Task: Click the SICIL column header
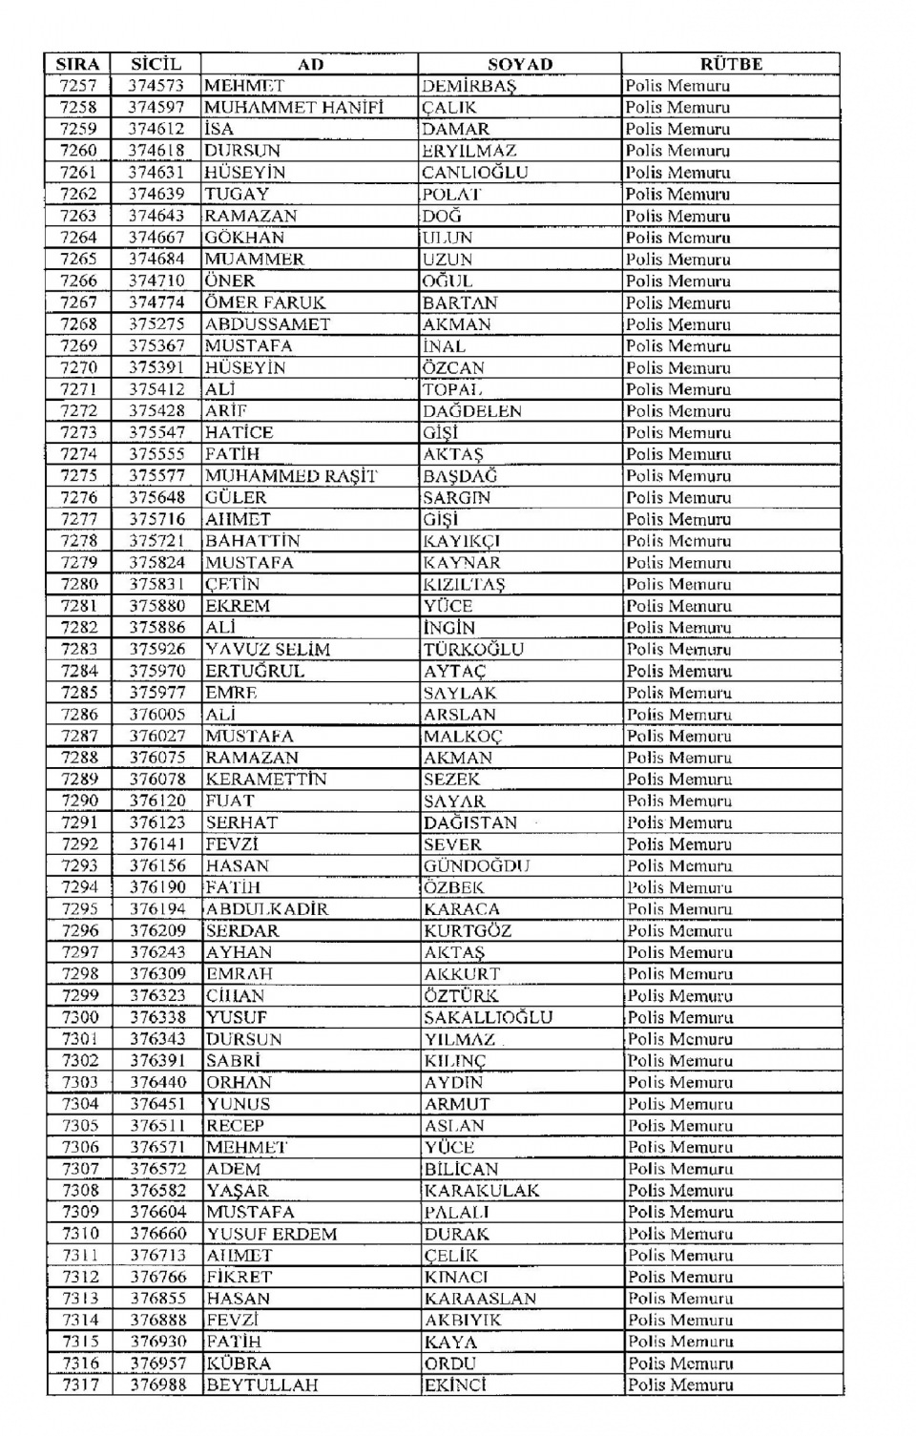click(x=156, y=64)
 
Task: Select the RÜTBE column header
click(x=731, y=64)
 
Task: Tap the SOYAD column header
click(x=520, y=64)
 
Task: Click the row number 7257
click(x=77, y=86)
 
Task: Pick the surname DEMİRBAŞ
click(x=468, y=86)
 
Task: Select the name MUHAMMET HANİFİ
click(x=294, y=108)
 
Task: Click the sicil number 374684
click(x=156, y=260)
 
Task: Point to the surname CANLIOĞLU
click(x=474, y=173)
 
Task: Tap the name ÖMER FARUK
click(x=264, y=302)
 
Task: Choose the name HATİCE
click(x=239, y=432)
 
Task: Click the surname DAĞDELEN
click(x=472, y=411)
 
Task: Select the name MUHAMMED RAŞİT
click(x=291, y=476)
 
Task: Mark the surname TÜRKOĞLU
click(x=474, y=650)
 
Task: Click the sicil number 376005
click(x=157, y=715)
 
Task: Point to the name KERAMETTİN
click(x=266, y=780)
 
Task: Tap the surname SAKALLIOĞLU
click(x=489, y=1017)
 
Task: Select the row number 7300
click(x=80, y=1017)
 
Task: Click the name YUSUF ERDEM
click(x=272, y=1234)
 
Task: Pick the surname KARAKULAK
click(x=482, y=1191)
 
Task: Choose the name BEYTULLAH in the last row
click(x=262, y=1384)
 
